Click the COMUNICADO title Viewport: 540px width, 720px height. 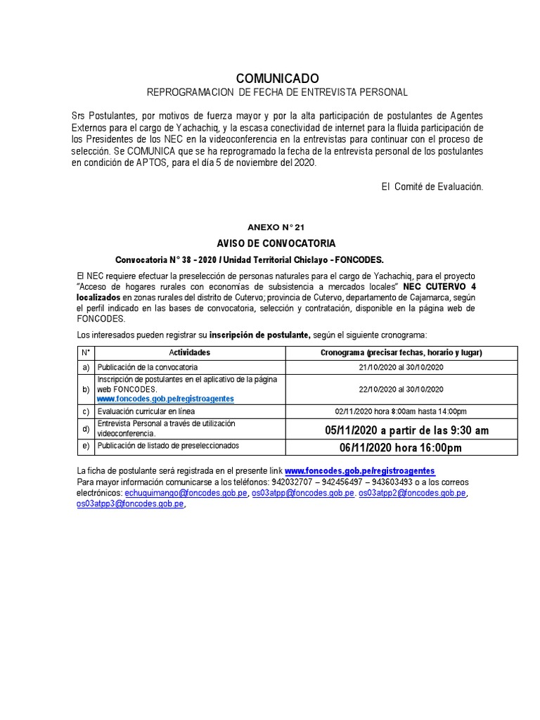[276, 78]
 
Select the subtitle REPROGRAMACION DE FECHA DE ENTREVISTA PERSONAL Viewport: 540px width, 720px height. [276, 93]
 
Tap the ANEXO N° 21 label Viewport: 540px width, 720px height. [276, 227]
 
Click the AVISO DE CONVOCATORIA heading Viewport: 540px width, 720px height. [276, 243]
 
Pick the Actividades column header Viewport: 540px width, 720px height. [189, 353]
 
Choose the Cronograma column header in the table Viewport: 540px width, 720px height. [401, 353]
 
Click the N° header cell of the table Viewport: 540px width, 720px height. [86, 353]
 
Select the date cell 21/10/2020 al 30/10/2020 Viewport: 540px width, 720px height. [401, 367]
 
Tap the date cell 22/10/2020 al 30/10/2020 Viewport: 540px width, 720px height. [401, 389]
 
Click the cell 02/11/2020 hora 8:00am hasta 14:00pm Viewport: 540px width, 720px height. [401, 411]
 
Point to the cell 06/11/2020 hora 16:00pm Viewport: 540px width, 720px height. [401, 448]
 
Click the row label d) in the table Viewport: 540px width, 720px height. [86, 429]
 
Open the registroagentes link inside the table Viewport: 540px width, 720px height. [165, 399]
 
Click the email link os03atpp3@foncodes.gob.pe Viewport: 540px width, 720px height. [130, 504]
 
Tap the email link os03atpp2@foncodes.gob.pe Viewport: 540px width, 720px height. [412, 494]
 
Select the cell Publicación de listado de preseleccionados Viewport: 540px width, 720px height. [168, 446]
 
